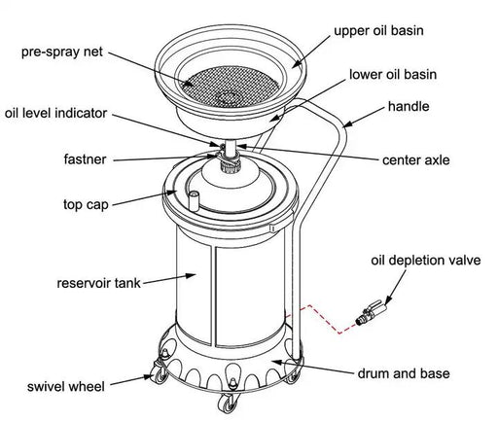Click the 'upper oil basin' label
[378, 31]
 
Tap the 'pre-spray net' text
[62, 52]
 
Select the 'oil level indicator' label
[55, 113]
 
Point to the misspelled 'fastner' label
[85, 159]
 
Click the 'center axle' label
[416, 160]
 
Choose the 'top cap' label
[86, 205]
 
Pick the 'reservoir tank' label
[98, 283]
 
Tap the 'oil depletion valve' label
[426, 261]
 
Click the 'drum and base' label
[404, 373]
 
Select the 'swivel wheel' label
[66, 387]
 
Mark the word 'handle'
[409, 106]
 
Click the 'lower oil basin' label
[393, 75]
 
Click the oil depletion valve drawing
[371, 312]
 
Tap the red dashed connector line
[320, 319]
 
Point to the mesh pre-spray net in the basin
[230, 84]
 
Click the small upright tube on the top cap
[194, 200]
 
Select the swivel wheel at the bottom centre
[227, 402]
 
